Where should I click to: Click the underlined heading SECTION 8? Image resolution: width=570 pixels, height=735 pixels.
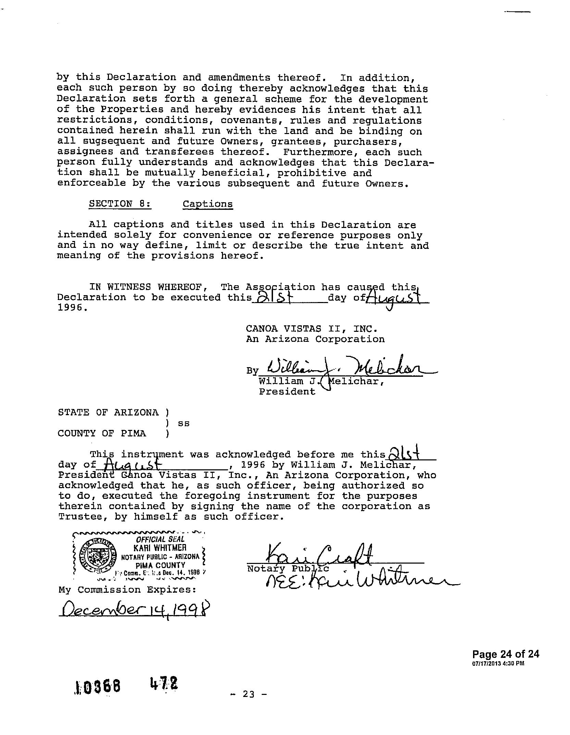[x=120, y=204]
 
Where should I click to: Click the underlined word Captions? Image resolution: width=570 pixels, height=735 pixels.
[x=208, y=204]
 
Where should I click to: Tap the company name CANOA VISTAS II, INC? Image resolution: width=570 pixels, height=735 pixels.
[x=312, y=329]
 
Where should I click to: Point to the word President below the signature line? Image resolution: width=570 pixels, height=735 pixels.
[x=287, y=391]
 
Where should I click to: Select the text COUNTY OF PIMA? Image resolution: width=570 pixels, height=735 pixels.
[x=102, y=433]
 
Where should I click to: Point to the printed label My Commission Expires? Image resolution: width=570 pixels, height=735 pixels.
[x=127, y=590]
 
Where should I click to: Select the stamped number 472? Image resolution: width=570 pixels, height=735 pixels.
[x=164, y=684]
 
